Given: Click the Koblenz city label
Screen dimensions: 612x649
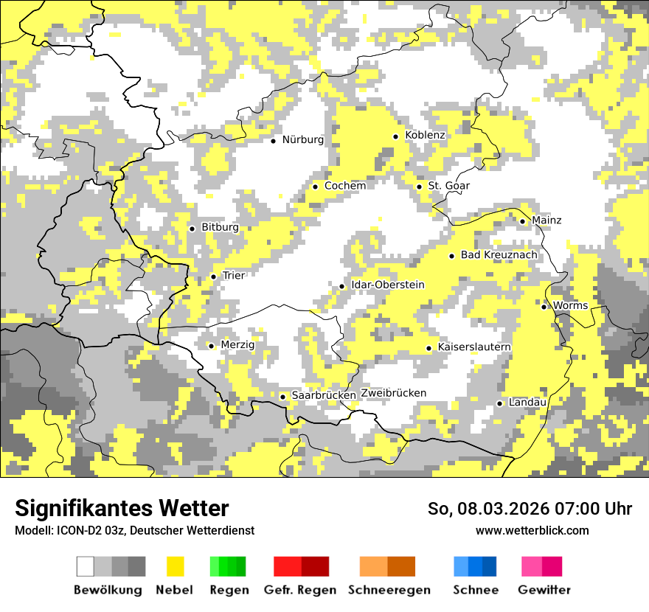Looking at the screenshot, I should pos(425,135).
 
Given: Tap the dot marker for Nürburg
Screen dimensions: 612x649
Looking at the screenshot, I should pos(273,140).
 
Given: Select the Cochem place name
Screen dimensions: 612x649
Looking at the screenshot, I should pos(344,186).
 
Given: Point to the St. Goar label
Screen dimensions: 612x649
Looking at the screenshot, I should pos(448,186).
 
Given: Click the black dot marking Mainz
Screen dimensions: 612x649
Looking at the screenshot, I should pos(522,220).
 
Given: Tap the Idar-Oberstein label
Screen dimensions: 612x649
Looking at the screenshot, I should pos(388,285).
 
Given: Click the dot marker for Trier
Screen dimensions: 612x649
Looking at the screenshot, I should pos(213,277).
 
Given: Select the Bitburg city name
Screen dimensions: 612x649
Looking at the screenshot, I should pos(220,228).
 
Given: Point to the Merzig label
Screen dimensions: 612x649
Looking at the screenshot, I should pos(237,345).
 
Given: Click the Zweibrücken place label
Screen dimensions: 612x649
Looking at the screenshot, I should pos(393,393).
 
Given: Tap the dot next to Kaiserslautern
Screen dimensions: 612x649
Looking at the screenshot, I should pos(428,348).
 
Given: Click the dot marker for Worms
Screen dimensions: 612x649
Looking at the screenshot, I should pos(544,307).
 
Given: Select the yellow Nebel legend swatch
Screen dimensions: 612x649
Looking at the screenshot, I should pos(175,566).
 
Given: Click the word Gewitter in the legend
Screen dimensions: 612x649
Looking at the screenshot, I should pos(544,590).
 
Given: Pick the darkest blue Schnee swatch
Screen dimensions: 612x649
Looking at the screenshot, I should pos(490,566).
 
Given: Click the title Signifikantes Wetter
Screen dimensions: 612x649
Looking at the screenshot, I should pos(122,508).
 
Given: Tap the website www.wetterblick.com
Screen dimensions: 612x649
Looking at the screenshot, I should pos(532,531).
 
